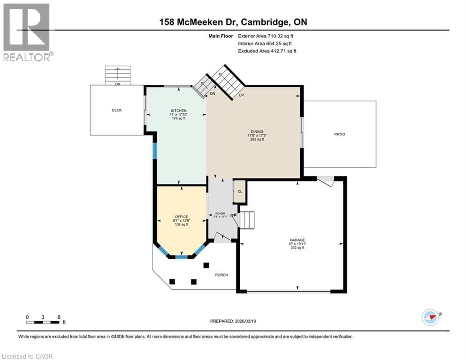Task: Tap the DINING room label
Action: [257, 132]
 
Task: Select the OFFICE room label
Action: [181, 217]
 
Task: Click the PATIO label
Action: [340, 134]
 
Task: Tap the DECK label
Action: [117, 110]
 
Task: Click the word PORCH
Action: [221, 275]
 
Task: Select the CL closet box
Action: [240, 191]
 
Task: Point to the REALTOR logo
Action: [27, 32]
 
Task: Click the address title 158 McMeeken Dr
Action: [233, 22]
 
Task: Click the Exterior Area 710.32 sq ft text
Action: [266, 36]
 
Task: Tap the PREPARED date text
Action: [233, 321]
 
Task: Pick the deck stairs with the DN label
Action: [117, 75]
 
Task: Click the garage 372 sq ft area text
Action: [297, 247]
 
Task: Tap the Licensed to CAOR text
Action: [29, 356]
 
